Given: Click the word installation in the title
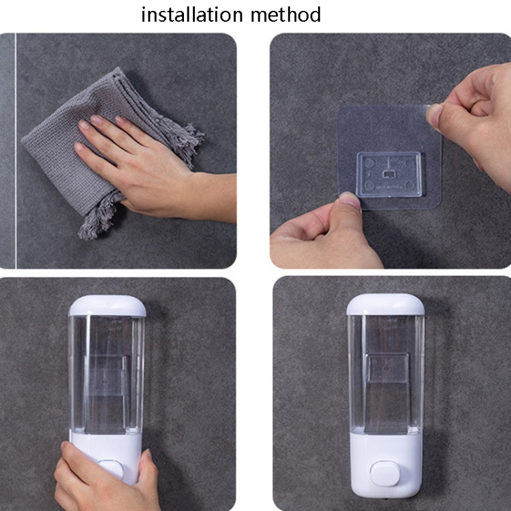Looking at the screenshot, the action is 192,15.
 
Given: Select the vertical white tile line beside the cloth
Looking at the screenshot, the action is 15,151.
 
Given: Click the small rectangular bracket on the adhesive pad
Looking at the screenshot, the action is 389,174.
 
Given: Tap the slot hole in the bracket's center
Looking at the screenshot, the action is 388,174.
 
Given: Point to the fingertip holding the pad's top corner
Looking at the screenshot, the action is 435,114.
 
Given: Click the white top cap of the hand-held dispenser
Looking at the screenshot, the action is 107,305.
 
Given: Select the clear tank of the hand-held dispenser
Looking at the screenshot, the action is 106,374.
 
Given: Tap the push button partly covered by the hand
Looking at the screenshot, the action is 111,469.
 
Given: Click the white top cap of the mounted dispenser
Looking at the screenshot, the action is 386,304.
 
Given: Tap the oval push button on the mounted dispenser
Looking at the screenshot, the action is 385,474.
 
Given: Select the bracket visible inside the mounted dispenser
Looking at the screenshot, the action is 387,368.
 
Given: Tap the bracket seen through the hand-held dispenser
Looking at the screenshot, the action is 106,375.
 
